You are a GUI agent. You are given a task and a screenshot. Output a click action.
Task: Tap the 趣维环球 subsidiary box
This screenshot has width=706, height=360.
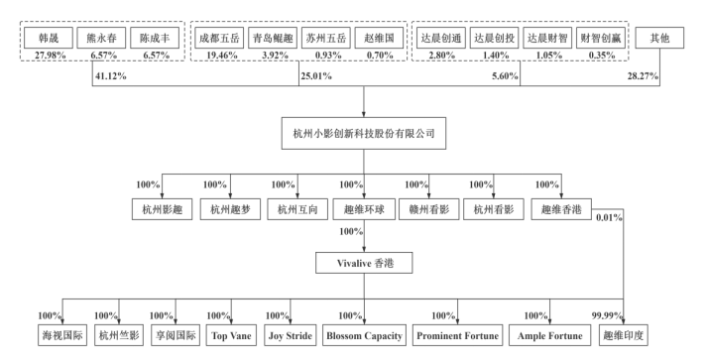click(364, 209)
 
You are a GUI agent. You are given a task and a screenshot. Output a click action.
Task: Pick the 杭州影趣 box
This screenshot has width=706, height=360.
click(162, 209)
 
